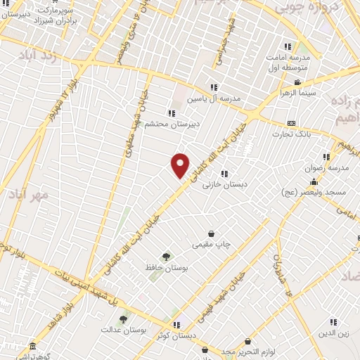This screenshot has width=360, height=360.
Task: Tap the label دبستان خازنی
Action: pyautogui.click(x=217, y=185)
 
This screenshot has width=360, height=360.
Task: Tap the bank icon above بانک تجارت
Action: pyautogui.click(x=290, y=123)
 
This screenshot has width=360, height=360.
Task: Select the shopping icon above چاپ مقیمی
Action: pyautogui.click(x=211, y=233)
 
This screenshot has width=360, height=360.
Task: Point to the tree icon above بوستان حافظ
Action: pyautogui.click(x=166, y=257)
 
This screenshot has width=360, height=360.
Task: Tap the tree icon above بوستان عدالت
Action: pyautogui.click(x=123, y=319)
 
